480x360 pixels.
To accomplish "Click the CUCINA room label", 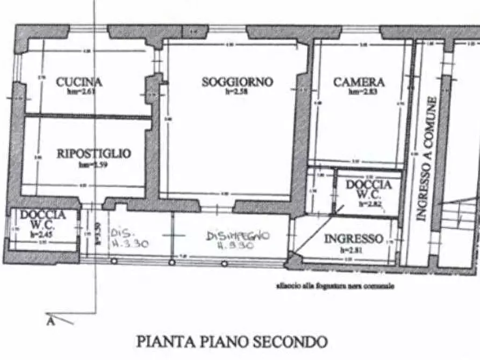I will [x=79, y=82].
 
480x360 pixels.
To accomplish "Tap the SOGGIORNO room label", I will [x=237, y=82].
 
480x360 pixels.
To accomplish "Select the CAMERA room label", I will [x=359, y=82].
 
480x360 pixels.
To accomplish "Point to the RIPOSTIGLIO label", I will [x=94, y=154].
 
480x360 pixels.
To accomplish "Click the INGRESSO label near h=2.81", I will [x=353, y=239].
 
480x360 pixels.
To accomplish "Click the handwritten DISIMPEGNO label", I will [x=238, y=236].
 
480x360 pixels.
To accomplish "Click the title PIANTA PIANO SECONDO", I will [x=232, y=341].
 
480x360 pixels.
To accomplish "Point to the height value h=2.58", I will [x=237, y=92].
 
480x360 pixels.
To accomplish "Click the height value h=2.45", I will [x=43, y=233].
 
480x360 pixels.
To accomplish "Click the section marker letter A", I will [x=51, y=321].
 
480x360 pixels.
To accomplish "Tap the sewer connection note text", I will [x=335, y=286].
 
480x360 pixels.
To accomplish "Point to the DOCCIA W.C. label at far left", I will [x=43, y=219].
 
